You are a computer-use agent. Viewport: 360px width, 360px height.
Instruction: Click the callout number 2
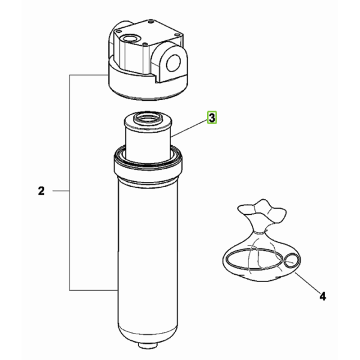(41, 191)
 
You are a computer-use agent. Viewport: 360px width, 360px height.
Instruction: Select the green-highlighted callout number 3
(212, 118)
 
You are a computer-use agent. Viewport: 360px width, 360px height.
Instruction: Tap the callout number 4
(323, 296)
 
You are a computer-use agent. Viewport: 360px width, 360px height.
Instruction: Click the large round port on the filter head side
(173, 62)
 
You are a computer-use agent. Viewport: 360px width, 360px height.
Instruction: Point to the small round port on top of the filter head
(130, 38)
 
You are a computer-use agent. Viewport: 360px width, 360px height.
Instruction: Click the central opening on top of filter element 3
(147, 118)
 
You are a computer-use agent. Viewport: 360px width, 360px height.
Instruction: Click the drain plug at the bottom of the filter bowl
(148, 345)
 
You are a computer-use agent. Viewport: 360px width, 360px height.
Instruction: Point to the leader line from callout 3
(188, 128)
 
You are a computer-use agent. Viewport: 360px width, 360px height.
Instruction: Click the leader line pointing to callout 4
(308, 283)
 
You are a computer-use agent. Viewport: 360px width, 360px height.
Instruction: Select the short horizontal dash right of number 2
(61, 191)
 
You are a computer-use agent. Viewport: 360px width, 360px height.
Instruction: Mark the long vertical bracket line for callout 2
(70, 183)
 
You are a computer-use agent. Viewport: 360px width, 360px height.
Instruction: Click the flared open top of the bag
(262, 210)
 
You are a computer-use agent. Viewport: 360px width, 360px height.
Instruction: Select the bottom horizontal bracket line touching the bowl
(94, 290)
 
